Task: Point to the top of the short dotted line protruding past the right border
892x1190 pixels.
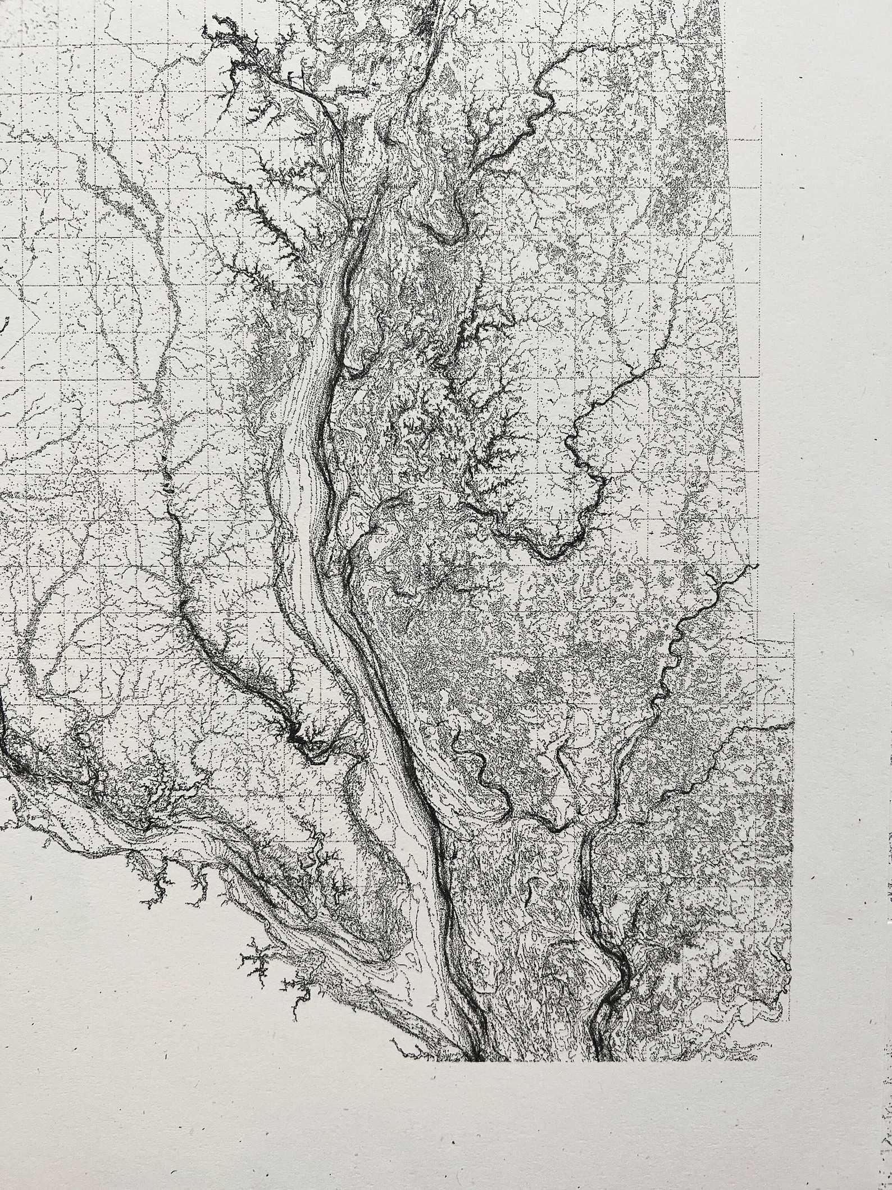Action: (794, 614)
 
